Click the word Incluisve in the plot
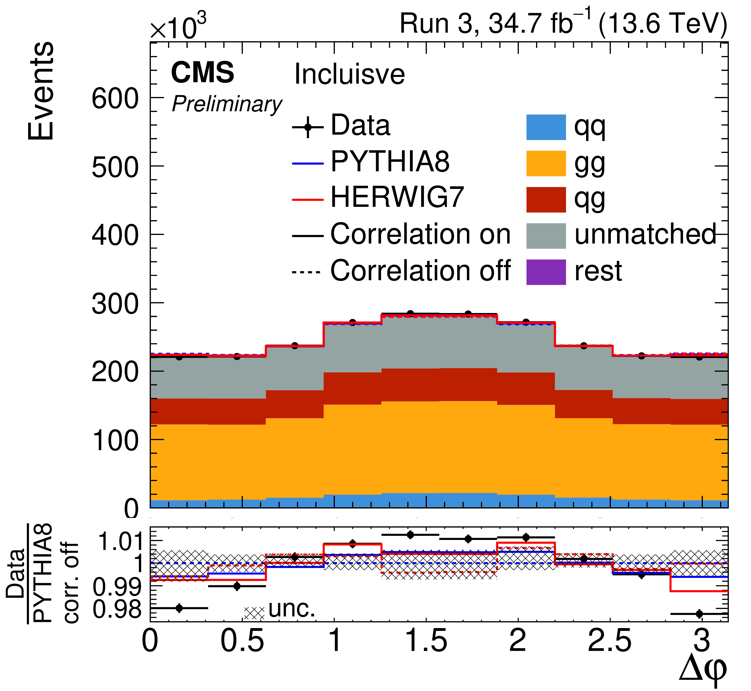click(349, 74)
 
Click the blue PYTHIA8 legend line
click(307, 163)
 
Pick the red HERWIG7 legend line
click(307, 199)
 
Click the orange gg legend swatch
click(546, 163)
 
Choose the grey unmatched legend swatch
click(546, 236)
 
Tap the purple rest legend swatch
click(546, 272)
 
